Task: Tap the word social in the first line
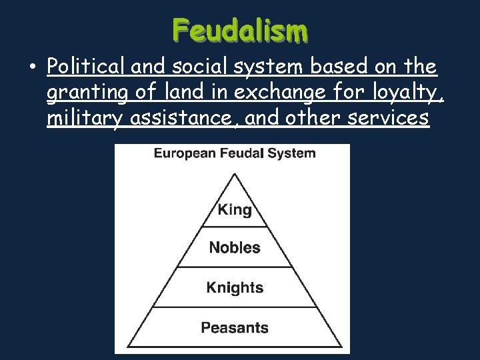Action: coord(192,68)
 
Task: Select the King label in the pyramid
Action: coord(235,211)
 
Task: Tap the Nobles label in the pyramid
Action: coord(235,248)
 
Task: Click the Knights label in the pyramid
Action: coord(235,288)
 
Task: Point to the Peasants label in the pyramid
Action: coord(235,327)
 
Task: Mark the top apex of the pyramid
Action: coord(235,173)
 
